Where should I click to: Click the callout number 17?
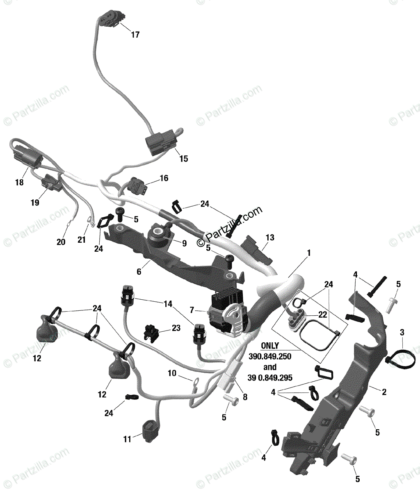(135, 35)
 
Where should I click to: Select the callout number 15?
(184, 159)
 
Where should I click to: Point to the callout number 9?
(184, 243)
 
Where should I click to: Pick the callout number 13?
(270, 238)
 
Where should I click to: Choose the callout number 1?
(308, 253)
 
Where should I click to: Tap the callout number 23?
(176, 328)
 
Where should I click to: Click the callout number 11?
(127, 440)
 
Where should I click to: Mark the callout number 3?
(402, 332)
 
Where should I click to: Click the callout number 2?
(384, 392)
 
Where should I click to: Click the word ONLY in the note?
(269, 346)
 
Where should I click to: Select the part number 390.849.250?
(269, 356)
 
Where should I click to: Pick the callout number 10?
(172, 373)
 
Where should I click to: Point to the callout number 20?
(61, 242)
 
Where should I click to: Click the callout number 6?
(139, 272)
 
